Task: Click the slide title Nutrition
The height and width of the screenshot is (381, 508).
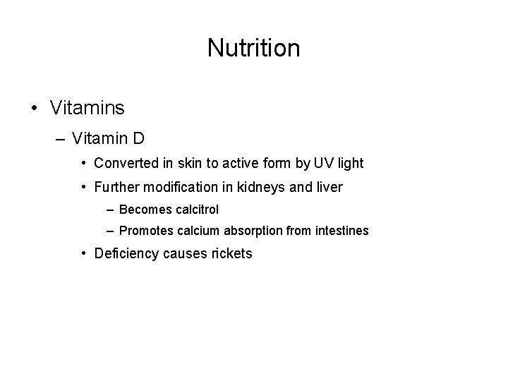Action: click(x=253, y=48)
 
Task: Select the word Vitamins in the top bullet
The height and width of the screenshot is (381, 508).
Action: click(x=87, y=108)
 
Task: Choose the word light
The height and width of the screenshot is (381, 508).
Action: click(x=351, y=163)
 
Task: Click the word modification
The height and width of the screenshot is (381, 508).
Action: click(x=179, y=187)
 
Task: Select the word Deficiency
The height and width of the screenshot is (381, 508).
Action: click(x=126, y=254)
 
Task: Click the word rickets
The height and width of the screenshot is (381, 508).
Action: click(x=231, y=254)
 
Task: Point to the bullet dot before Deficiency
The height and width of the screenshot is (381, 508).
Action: click(x=84, y=254)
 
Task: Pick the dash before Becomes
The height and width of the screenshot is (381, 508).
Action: click(x=110, y=210)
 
